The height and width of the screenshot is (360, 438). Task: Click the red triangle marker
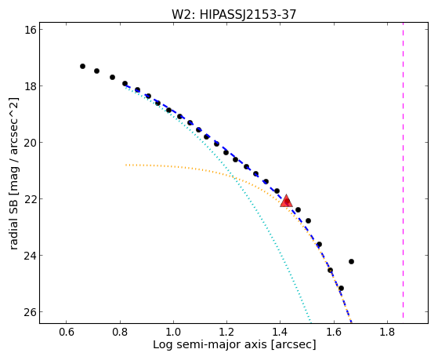point(286,201)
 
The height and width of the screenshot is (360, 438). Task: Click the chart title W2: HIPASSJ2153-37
point(233,15)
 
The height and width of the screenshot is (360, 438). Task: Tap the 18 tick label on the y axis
point(31,85)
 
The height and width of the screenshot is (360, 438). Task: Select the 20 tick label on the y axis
point(31,143)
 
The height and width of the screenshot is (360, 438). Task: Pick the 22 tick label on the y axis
point(31,199)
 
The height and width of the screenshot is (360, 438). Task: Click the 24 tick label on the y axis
point(31,256)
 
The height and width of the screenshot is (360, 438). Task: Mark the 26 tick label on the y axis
point(31,312)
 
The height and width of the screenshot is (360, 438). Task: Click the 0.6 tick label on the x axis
point(66,332)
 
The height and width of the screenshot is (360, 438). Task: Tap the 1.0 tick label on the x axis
point(173,332)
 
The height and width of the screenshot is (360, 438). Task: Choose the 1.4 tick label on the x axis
point(281,332)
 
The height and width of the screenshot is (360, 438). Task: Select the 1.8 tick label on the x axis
point(387,332)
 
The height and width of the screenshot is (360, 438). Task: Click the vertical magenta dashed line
point(403,170)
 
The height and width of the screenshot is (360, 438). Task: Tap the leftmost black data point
point(82,67)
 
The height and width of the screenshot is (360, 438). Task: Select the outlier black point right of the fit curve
point(351,261)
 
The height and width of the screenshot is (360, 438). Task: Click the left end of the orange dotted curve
point(126,165)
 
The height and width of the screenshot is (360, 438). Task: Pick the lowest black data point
point(341,288)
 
